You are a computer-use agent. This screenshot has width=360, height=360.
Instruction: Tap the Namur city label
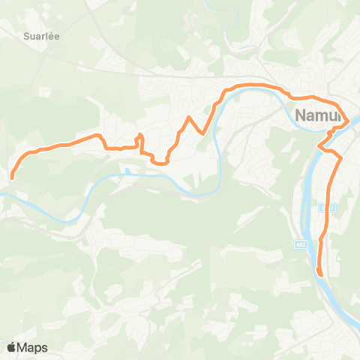pyautogui.click(x=319, y=115)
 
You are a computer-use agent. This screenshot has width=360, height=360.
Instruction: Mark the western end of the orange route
pyautogui.click(x=12, y=177)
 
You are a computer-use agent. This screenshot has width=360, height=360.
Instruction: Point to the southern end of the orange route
pyautogui.click(x=320, y=274)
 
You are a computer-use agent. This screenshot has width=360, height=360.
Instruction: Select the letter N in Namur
pyautogui.click(x=302, y=115)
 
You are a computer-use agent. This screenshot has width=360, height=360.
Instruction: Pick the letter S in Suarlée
pyautogui.click(x=25, y=34)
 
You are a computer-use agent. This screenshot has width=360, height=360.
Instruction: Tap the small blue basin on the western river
pyautogui.click(x=127, y=171)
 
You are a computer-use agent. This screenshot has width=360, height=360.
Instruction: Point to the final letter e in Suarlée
pyautogui.click(x=57, y=34)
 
